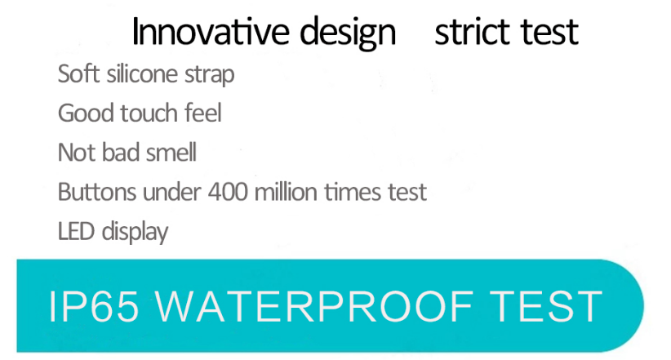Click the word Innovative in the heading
[x=211, y=31]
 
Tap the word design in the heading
[x=348, y=33]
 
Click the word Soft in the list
[x=78, y=73]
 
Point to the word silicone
[x=142, y=73]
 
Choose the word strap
[x=209, y=75]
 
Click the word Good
[x=86, y=113]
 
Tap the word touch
[x=149, y=113]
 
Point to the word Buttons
[x=97, y=191]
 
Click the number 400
[x=228, y=191]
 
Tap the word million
[x=286, y=191]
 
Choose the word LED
[x=76, y=231]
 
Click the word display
[x=135, y=233]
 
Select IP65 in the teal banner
[x=94, y=306]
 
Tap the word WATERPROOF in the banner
[x=314, y=306]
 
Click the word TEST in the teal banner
[x=546, y=306]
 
